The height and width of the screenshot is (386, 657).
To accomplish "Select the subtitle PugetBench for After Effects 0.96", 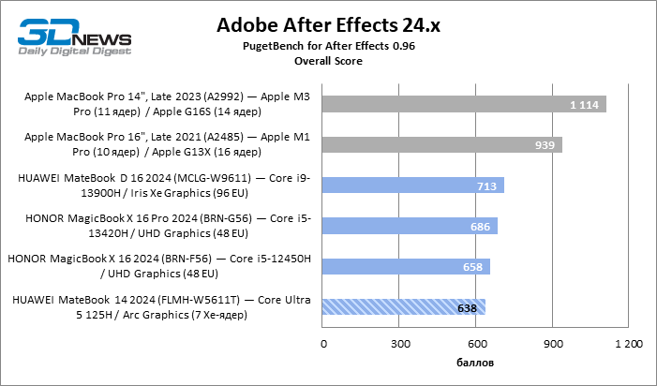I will pos(328,46).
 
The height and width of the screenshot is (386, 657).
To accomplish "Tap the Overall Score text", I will pos(328,61).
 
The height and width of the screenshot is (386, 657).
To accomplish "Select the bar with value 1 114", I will pos(464,104).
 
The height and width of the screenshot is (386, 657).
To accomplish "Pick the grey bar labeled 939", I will pos(441,144).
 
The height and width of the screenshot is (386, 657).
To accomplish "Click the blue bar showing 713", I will pos(413,185).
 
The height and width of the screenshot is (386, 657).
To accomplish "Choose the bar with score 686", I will pos(410,226).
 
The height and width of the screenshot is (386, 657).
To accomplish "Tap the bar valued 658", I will pos(406,266).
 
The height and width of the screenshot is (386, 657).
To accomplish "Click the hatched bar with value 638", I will pos(404,306).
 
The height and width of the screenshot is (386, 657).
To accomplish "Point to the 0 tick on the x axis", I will pos(323,344).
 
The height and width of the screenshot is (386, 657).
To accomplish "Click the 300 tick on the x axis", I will pos(400,344).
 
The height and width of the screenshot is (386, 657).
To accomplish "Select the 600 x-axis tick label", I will pos(476,344).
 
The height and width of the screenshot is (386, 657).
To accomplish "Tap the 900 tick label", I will pos(553,344).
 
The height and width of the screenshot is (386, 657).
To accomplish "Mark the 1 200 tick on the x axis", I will pos(628,344).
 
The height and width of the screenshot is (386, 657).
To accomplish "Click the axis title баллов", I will pos(476,363).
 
